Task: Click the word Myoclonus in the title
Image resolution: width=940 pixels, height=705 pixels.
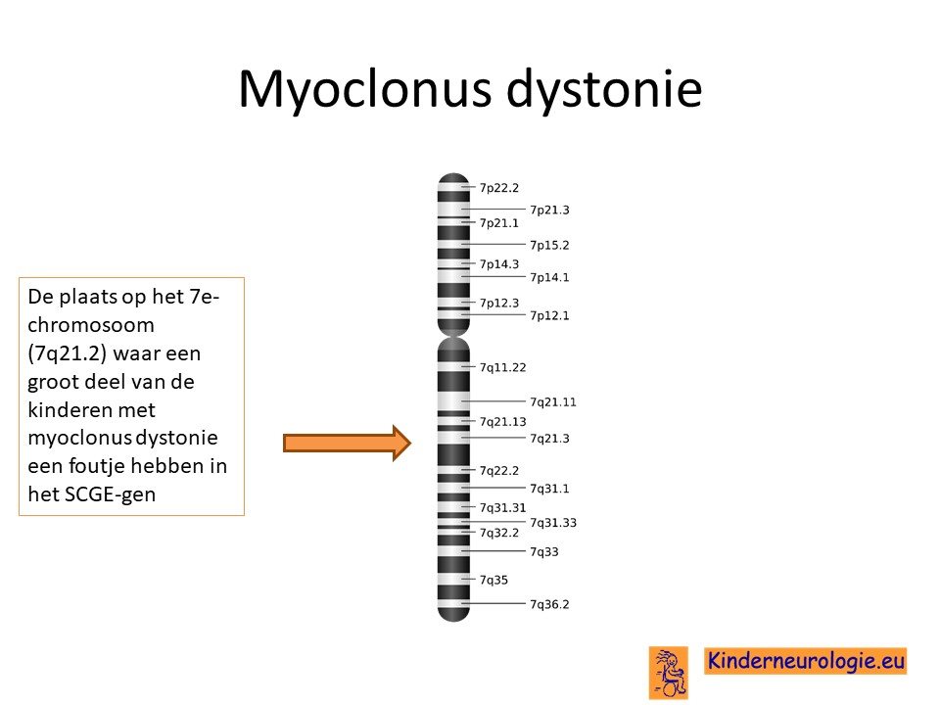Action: click(364, 89)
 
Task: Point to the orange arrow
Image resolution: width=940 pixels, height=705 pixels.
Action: click(347, 443)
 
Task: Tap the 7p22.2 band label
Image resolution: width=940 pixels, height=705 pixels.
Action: click(498, 188)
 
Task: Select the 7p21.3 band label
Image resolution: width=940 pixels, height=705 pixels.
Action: click(549, 210)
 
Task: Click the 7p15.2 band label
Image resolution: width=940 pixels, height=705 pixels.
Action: click(549, 245)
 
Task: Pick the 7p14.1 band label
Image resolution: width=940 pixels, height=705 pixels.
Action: click(549, 277)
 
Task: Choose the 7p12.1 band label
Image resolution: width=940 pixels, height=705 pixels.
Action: click(549, 315)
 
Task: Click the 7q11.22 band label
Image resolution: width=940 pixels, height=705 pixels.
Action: click(502, 367)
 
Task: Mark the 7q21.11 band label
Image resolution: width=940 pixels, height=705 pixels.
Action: click(552, 401)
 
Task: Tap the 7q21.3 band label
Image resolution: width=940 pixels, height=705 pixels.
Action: click(549, 439)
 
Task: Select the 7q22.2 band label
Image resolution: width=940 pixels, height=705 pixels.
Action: click(498, 471)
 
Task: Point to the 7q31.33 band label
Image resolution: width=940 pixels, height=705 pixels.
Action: click(552, 523)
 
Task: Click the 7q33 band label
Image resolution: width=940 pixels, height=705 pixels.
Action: click(543, 551)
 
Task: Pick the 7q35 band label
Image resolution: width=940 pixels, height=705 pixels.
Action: click(493, 580)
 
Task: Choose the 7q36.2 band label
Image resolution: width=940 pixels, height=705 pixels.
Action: click(549, 604)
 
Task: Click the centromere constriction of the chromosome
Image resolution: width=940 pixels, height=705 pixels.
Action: click(453, 336)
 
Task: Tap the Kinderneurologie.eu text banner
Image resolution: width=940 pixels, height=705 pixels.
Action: click(805, 661)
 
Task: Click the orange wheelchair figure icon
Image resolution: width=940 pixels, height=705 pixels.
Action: click(669, 673)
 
